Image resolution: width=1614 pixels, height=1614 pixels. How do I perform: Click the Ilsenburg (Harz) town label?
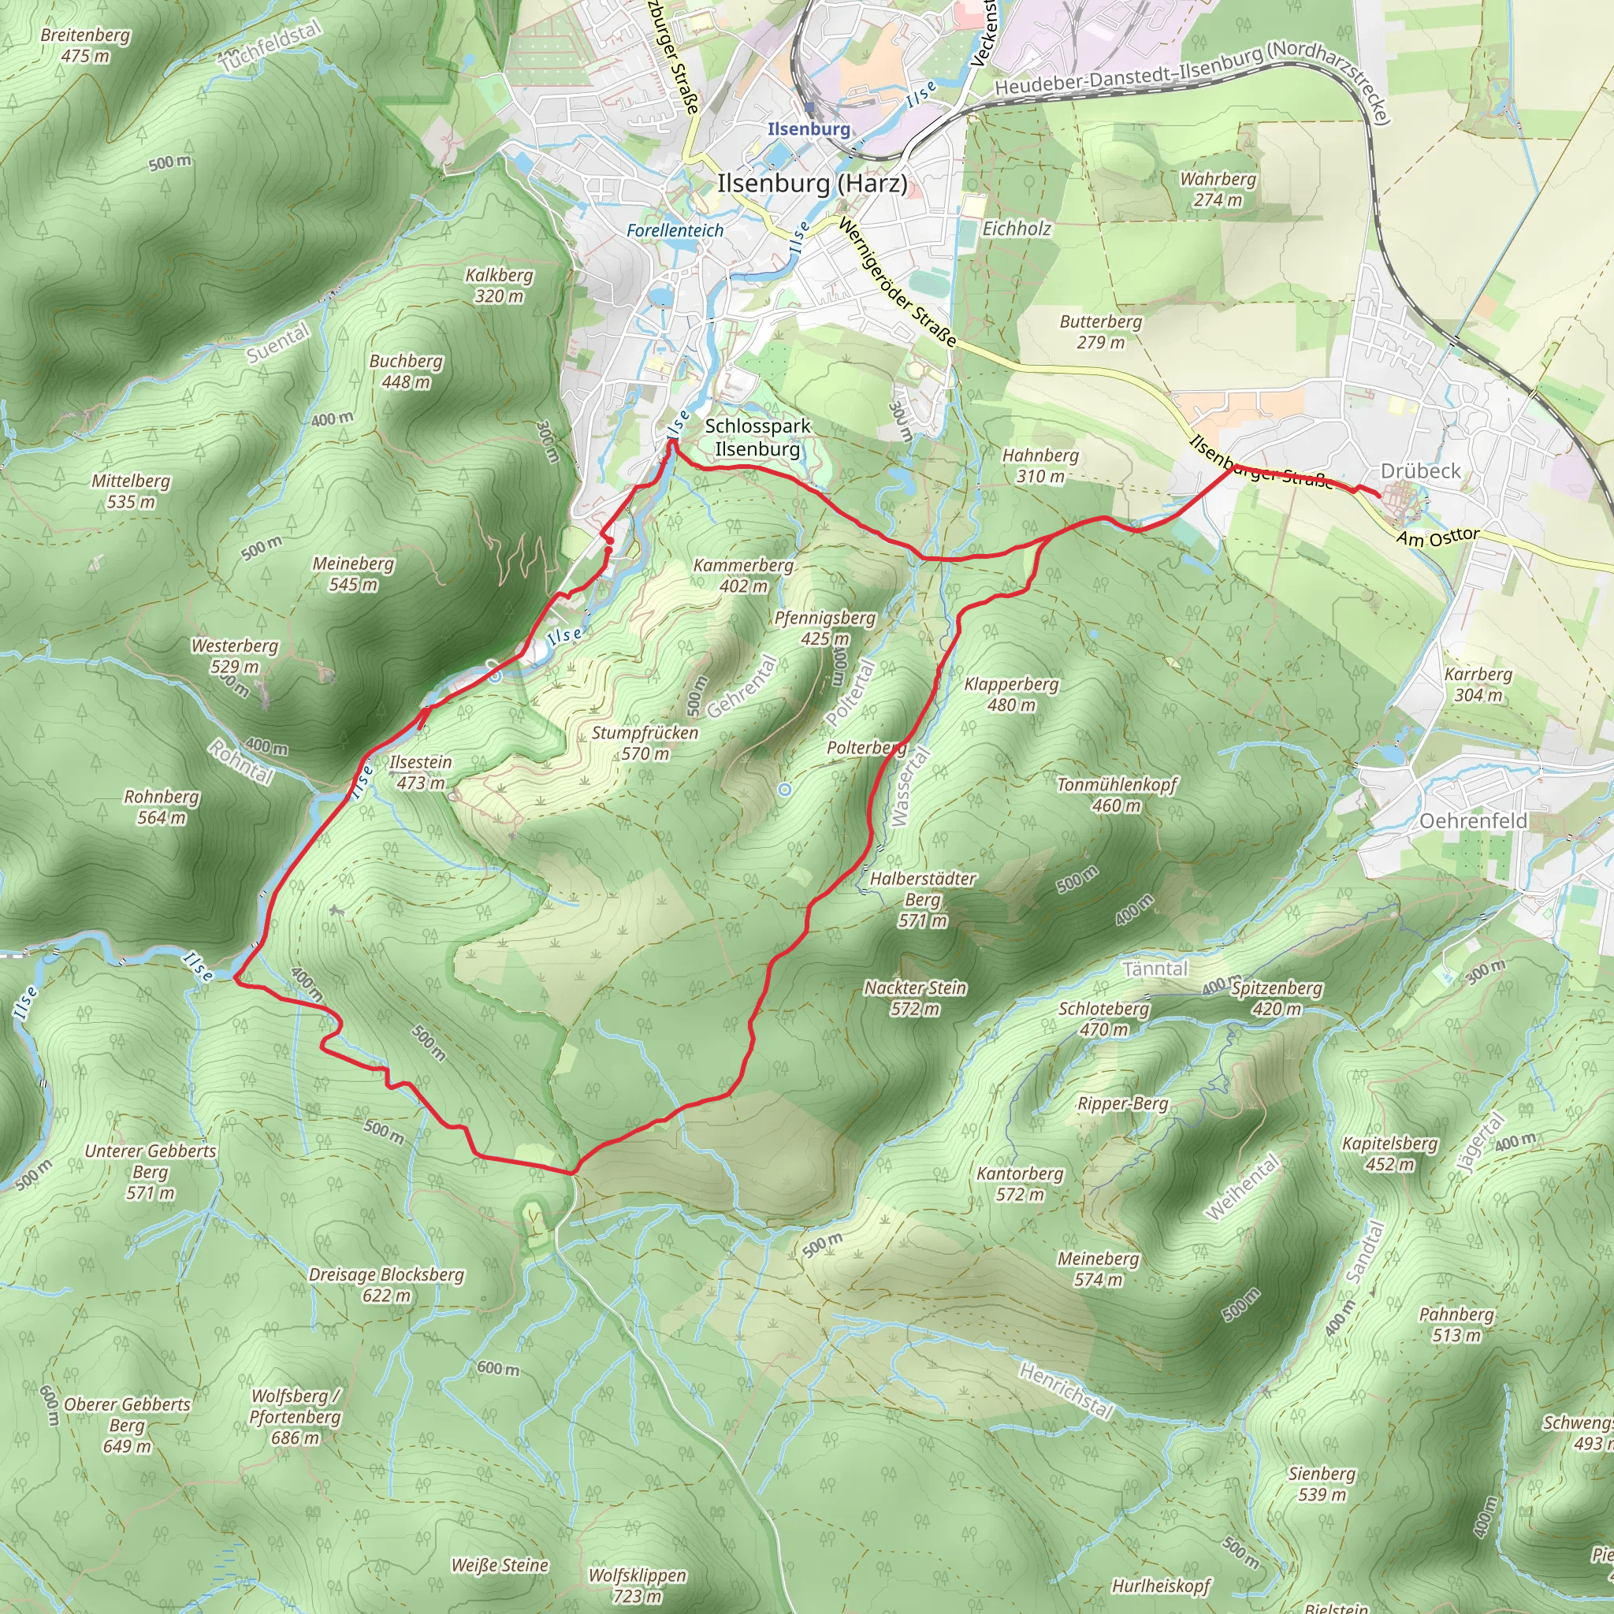[x=811, y=184]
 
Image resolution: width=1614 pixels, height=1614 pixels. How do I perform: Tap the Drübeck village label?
[x=1420, y=471]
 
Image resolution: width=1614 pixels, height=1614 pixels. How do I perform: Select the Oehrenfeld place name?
[x=1474, y=821]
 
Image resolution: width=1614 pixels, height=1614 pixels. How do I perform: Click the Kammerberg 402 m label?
[x=743, y=575]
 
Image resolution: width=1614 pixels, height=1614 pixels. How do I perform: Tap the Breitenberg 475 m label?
[x=85, y=45]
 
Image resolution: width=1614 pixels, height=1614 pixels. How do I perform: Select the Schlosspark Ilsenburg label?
[x=757, y=437]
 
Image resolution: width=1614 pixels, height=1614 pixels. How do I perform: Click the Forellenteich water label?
[x=675, y=231]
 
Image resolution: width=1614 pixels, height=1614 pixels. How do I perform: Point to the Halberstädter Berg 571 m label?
[x=922, y=900]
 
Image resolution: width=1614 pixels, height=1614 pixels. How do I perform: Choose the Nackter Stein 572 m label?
[x=915, y=999]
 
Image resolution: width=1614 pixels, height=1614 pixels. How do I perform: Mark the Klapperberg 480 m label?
[x=1011, y=694]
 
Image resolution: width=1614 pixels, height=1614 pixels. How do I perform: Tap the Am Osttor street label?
[x=1437, y=537]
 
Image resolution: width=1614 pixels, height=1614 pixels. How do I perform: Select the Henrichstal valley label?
[x=1066, y=1391]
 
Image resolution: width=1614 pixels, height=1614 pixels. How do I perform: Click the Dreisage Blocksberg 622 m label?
[x=386, y=1285]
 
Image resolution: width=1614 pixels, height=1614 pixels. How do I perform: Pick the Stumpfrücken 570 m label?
[x=645, y=742]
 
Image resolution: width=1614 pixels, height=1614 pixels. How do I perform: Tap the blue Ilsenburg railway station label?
[x=808, y=128]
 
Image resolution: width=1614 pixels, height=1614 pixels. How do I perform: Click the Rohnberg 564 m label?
[x=162, y=807]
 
